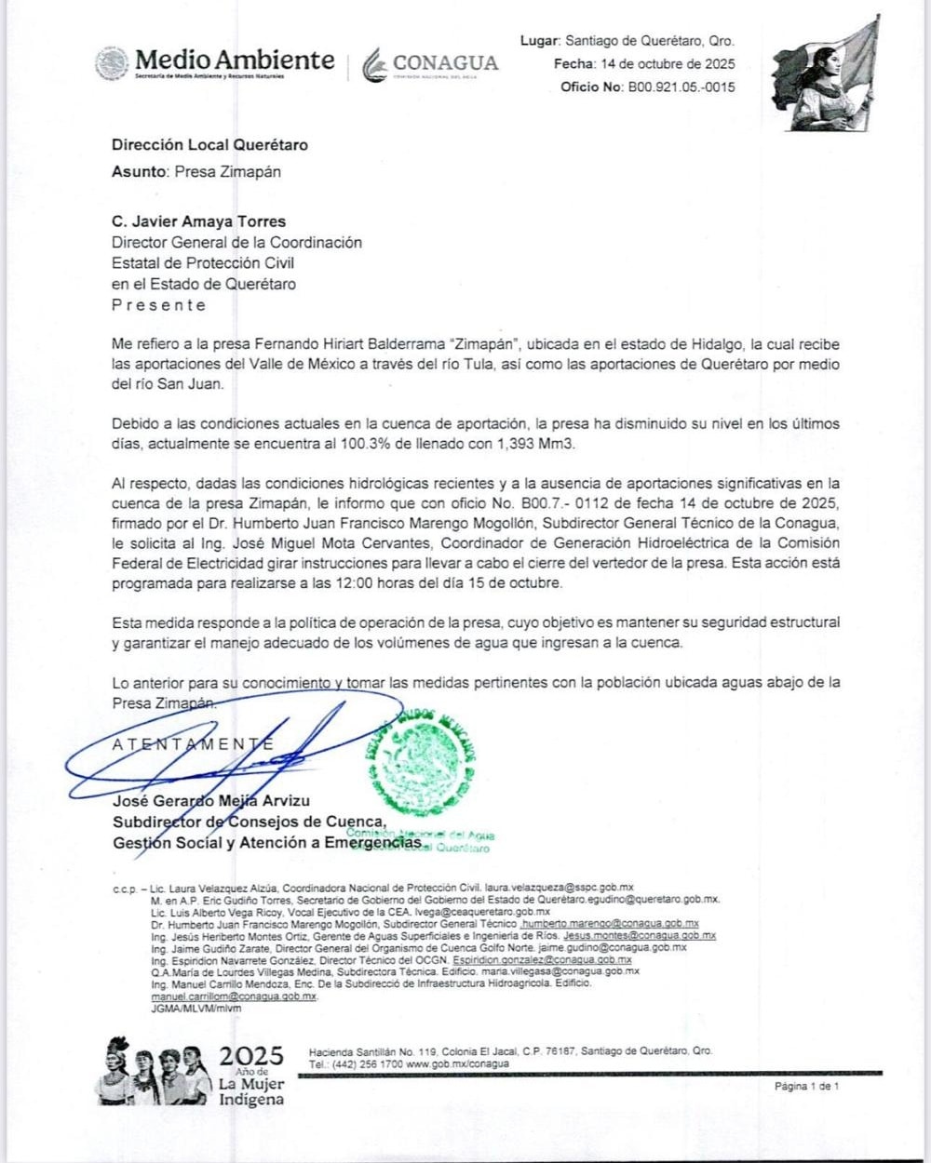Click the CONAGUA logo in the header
(431, 64)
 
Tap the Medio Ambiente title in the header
(234, 60)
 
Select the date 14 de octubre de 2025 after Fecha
(668, 64)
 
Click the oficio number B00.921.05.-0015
(681, 87)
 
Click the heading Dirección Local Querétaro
(209, 145)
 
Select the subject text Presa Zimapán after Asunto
(227, 171)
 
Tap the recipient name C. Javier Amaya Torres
(198, 221)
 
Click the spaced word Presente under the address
(158, 305)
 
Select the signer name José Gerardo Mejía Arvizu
(211, 801)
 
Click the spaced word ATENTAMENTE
(193, 744)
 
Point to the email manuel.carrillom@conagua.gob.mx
(234, 996)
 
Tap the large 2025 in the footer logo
(251, 1056)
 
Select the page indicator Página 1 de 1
(806, 1086)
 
